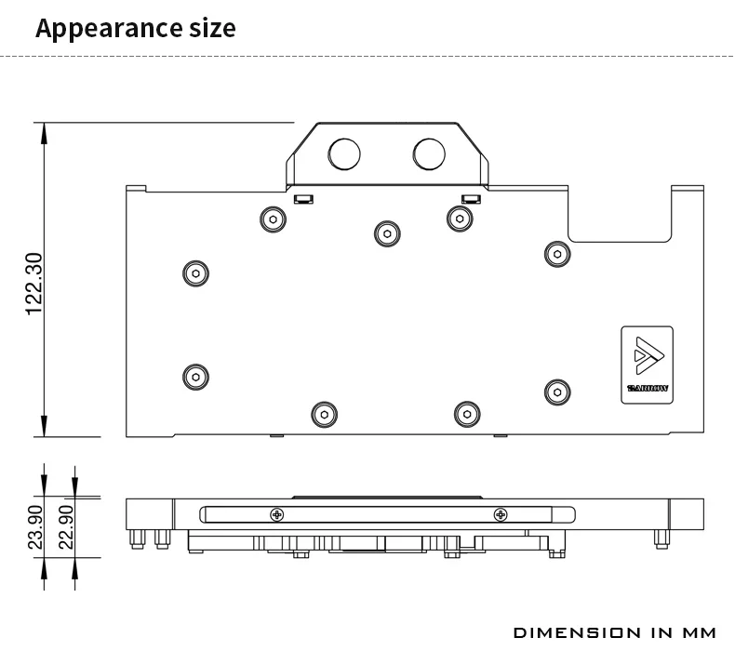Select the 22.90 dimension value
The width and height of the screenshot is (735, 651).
click(65, 526)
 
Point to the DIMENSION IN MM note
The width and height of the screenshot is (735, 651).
click(615, 632)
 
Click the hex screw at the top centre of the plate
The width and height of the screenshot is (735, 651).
click(386, 232)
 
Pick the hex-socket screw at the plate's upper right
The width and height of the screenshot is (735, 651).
click(556, 253)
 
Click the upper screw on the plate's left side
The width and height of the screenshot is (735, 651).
click(194, 272)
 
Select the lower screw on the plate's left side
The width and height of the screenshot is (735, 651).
click(194, 376)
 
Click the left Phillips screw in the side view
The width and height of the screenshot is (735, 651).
click(277, 514)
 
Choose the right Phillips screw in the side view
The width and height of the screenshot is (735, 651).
click(501, 514)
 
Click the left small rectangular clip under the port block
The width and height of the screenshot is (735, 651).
click(302, 198)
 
